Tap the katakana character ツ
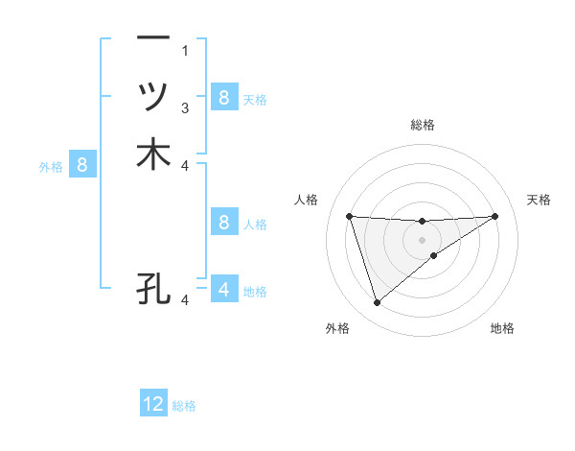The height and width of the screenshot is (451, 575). [153, 96]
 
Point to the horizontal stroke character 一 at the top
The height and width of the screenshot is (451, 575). [153, 38]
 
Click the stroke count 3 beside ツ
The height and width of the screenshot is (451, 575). [185, 107]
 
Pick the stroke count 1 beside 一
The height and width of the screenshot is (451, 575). [185, 50]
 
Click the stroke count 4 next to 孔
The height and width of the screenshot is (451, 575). [185, 300]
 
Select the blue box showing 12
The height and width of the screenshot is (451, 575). [153, 404]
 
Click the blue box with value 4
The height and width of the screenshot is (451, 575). [223, 288]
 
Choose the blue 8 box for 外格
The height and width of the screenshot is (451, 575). [82, 165]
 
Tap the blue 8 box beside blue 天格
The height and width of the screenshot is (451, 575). [223, 97]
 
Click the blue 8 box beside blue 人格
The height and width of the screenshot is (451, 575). [223, 223]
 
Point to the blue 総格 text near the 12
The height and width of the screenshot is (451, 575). [184, 406]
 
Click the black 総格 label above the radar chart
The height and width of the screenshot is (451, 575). [423, 125]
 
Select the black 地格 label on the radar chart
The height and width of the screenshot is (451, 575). [502, 328]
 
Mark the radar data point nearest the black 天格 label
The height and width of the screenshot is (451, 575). [494, 216]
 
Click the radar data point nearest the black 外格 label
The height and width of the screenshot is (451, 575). [377, 303]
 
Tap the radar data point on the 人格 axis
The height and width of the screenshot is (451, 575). [350, 216]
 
